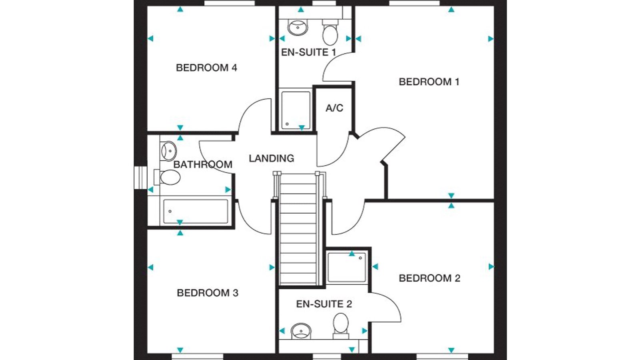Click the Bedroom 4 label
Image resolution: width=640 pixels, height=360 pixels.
(206, 68)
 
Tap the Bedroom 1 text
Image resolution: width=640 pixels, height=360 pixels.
(429, 82)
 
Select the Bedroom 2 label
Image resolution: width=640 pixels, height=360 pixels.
(430, 278)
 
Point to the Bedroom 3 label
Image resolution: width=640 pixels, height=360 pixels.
(208, 293)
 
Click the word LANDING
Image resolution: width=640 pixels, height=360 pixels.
(272, 158)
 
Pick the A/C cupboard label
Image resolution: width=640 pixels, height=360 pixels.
(334, 108)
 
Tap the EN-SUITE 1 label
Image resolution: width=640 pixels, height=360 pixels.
(309, 52)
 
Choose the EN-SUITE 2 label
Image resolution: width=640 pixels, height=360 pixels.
(324, 304)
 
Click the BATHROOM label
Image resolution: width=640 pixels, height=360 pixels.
(203, 164)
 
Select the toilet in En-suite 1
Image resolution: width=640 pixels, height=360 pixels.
(330, 32)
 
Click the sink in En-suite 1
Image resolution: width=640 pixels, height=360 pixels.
(298, 28)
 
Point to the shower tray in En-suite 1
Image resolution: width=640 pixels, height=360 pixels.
(296, 110)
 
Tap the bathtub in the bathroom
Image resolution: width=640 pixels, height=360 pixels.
(196, 212)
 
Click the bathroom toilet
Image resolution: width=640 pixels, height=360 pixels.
(168, 177)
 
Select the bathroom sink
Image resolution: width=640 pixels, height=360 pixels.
(168, 151)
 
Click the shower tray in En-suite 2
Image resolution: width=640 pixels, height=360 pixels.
(346, 268)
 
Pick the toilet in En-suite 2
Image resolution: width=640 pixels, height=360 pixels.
(341, 326)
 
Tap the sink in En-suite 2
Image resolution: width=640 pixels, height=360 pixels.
(301, 331)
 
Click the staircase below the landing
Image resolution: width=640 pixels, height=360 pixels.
(298, 228)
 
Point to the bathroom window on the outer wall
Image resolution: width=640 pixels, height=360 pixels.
(140, 178)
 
